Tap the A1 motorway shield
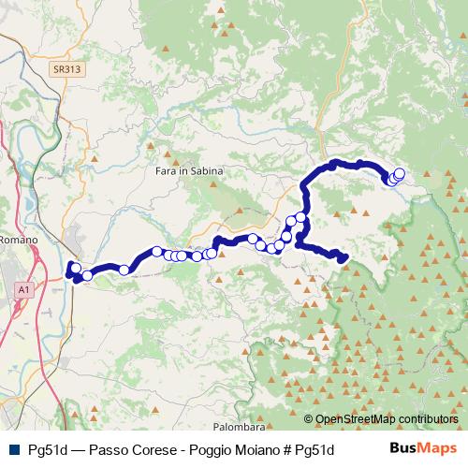click(22, 292)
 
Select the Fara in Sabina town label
click(184, 171)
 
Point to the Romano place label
click(18, 240)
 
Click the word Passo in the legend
click(96, 448)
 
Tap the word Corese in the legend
click(142, 448)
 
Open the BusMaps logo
click(423, 447)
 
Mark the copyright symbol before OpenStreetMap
click(309, 419)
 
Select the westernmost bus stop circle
click(73, 268)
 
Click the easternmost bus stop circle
click(400, 173)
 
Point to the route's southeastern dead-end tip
click(344, 258)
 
